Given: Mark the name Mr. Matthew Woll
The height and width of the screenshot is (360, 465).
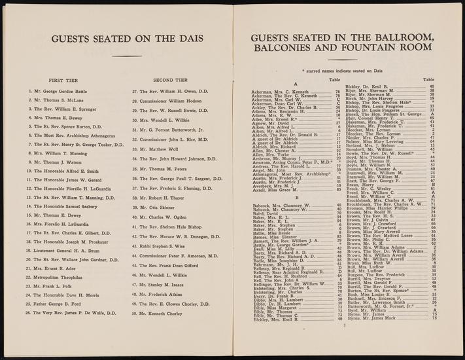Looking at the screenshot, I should (159, 149).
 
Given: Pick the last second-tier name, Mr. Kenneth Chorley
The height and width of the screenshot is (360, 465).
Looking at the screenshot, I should (162, 332).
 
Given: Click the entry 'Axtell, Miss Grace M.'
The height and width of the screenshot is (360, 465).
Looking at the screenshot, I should (279, 189).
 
